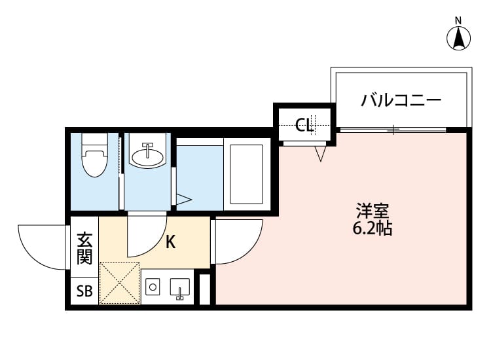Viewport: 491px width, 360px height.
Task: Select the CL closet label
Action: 304,124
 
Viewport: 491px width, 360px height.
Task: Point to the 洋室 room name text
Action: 373,211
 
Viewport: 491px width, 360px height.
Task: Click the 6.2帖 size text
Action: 373,229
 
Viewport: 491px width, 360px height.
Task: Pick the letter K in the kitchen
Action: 170,242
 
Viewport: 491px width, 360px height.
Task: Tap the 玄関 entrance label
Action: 84,248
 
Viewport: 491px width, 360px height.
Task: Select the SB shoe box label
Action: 84,291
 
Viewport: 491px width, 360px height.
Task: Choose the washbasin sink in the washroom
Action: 147,156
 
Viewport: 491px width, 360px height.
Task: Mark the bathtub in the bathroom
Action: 246,173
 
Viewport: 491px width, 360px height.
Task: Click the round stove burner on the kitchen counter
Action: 153,287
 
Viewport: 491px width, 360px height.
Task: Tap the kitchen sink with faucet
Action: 179,288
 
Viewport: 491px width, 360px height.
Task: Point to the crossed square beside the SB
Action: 119,283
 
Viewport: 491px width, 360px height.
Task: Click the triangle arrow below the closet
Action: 320,154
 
